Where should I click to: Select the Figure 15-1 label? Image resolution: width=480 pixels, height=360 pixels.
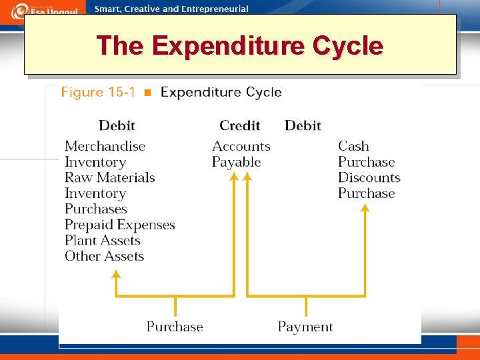coord(97,92)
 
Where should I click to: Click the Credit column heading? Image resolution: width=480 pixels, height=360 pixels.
coord(239,125)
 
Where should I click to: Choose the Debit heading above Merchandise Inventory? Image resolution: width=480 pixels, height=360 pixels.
coord(117,125)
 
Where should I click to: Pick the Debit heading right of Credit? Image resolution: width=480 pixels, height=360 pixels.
coord(303,125)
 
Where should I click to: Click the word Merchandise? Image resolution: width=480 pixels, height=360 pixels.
coord(105,146)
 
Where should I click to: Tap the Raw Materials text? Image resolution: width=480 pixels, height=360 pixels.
coord(109,177)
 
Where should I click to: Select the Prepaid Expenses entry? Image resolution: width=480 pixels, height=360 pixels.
coord(119,225)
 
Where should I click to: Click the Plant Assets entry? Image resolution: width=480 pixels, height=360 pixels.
coord(103,240)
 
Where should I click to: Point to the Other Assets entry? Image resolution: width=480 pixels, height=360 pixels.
coord(104,256)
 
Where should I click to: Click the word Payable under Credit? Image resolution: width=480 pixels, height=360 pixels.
coord(236,162)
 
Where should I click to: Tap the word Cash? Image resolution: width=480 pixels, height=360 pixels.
coord(353,146)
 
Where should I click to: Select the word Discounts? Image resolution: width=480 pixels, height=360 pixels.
coord(369,177)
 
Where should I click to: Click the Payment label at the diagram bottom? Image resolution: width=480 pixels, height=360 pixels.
coord(305,327)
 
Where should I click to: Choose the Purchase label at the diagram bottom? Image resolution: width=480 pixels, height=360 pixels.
coord(175,327)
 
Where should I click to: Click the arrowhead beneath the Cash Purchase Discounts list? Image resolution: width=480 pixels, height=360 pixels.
coord(365,209)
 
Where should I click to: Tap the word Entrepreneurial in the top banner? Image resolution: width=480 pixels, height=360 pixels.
coord(213,9)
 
